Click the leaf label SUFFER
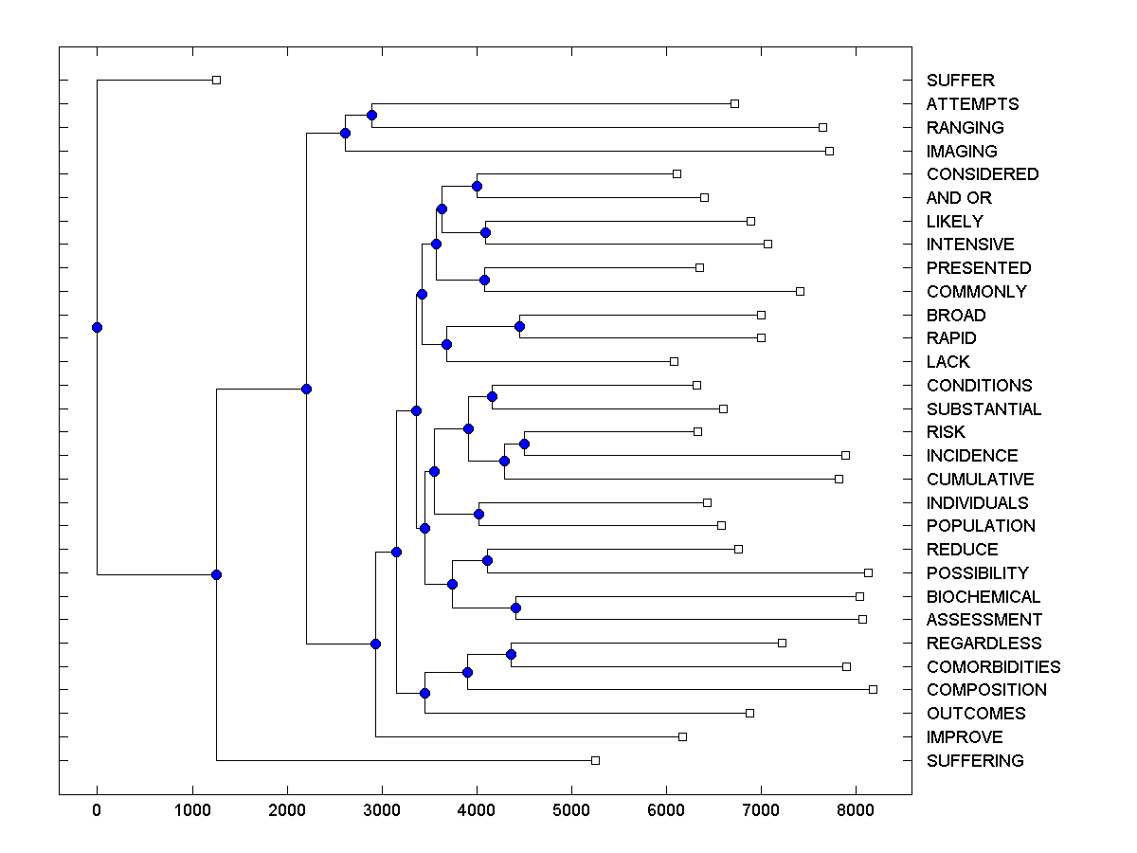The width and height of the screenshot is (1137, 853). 960,81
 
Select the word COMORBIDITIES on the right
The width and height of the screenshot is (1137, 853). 993,666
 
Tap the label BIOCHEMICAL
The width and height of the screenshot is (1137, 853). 983,596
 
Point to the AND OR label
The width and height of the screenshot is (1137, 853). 958,198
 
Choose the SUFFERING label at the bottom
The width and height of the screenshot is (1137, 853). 974,760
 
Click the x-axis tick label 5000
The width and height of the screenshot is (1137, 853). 571,808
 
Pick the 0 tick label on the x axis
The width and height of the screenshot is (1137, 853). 97,808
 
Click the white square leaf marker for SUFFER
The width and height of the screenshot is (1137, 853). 216,80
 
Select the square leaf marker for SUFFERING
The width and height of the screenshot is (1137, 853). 595,760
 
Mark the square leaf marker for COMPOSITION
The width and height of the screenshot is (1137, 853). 873,689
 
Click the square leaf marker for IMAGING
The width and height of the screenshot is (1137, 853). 829,151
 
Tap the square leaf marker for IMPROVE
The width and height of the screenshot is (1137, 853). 682,736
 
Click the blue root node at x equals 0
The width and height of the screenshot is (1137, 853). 97,327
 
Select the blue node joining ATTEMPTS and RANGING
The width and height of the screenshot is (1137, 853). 371,115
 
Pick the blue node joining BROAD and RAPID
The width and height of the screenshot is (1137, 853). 519,326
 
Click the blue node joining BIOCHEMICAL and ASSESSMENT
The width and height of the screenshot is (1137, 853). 515,608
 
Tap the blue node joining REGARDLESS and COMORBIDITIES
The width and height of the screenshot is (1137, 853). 511,654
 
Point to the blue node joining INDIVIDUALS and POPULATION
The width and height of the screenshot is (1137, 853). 478,514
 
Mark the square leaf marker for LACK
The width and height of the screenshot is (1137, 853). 674,361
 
